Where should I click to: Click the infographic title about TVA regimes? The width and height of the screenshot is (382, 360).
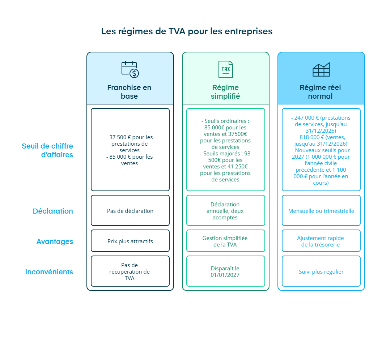coord(187,31)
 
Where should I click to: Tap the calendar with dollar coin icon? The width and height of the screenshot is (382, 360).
coord(130,69)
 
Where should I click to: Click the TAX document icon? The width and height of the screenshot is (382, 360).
coord(226,69)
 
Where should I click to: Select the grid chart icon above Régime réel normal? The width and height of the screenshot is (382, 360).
coord(321,69)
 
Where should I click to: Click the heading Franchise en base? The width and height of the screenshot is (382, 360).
coord(130,92)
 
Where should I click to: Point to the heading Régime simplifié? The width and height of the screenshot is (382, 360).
coord(225,92)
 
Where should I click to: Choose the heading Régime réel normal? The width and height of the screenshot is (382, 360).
coord(321,92)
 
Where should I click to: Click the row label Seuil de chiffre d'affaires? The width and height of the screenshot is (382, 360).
coord(47,150)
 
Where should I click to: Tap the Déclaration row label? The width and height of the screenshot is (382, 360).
coord(53,211)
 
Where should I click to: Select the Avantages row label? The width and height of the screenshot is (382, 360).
coord(55,241)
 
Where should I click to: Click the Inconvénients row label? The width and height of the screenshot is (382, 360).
coord(49,272)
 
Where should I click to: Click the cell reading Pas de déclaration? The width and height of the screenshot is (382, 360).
coord(130,211)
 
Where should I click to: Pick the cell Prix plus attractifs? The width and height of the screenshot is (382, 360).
coord(130,241)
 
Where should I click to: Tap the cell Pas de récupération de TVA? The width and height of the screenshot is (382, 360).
coord(130,271)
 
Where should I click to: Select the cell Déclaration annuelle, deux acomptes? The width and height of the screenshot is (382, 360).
coord(226,211)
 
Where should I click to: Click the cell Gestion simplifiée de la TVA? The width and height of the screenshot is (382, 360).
coord(226,241)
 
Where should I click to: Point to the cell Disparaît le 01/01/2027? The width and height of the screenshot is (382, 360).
coord(226,271)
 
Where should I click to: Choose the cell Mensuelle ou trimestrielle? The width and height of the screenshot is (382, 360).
coord(321,211)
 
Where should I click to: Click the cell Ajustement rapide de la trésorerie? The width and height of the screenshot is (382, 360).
coord(321,241)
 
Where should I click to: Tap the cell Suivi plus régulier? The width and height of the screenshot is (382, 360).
coord(321,271)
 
